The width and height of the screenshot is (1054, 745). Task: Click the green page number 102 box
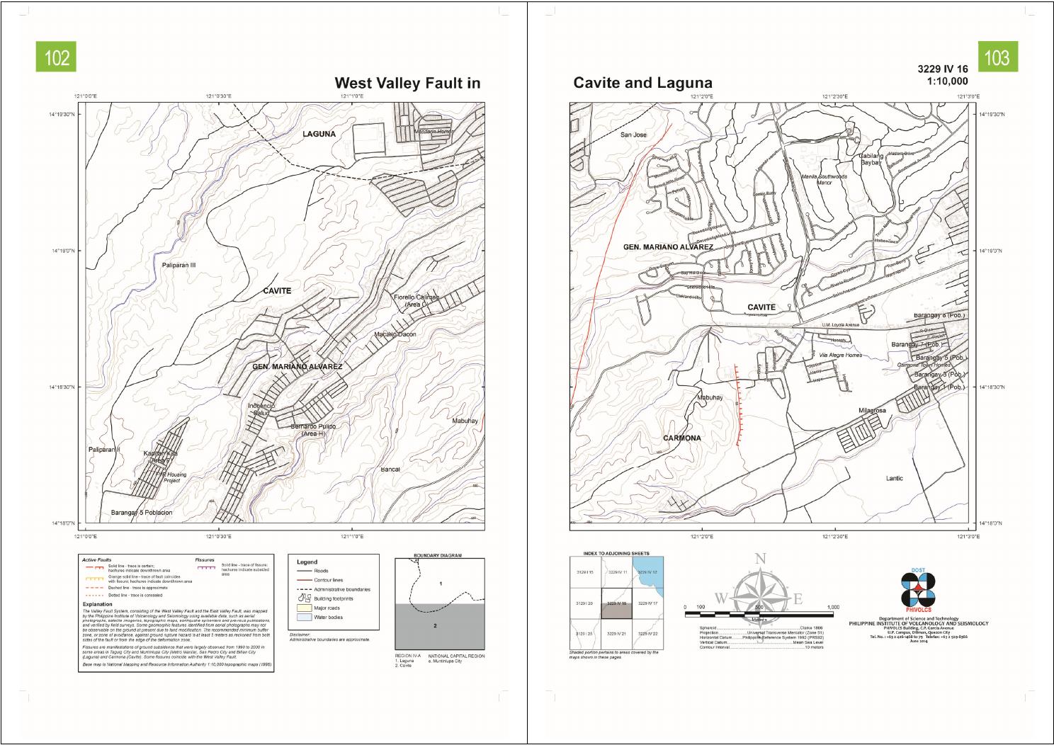pyautogui.click(x=57, y=57)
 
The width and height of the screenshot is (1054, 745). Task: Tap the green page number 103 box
pyautogui.click(x=997, y=57)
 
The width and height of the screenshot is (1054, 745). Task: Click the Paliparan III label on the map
pyautogui.click(x=178, y=266)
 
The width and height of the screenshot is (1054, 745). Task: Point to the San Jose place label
pyautogui.click(x=633, y=135)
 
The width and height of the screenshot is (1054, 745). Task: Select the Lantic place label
pyautogui.click(x=894, y=479)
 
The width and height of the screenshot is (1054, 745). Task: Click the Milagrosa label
pyautogui.click(x=872, y=411)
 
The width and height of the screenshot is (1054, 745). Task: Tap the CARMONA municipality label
pyautogui.click(x=681, y=438)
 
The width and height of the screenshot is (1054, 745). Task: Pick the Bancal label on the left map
pyautogui.click(x=390, y=470)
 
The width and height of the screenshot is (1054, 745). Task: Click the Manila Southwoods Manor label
pyautogui.click(x=824, y=179)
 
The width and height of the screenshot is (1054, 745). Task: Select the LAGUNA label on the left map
pyautogui.click(x=319, y=134)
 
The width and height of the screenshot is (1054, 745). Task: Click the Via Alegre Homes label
pyautogui.click(x=840, y=355)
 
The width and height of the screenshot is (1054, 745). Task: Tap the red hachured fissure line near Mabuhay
pyautogui.click(x=737, y=407)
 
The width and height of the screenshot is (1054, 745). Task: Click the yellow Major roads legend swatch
pyautogui.click(x=304, y=608)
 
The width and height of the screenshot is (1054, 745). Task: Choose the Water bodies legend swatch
pyautogui.click(x=304, y=617)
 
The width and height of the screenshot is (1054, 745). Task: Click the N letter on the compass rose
pyautogui.click(x=760, y=559)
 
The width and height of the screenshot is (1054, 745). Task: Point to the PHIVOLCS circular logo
pyautogui.click(x=918, y=590)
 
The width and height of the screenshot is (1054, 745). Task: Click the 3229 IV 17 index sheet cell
pyautogui.click(x=647, y=603)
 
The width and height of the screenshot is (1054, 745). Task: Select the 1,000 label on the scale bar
pyautogui.click(x=832, y=607)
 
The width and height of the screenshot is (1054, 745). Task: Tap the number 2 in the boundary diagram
pyautogui.click(x=435, y=625)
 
